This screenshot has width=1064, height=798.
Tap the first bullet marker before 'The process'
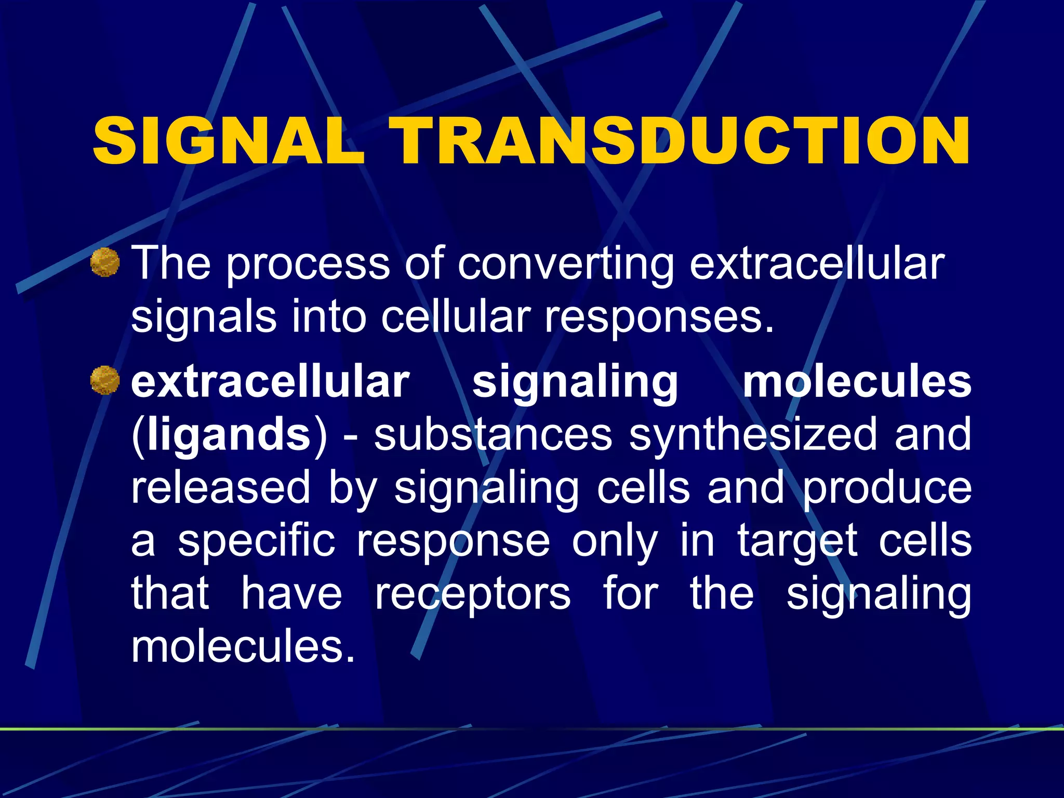tap(105, 262)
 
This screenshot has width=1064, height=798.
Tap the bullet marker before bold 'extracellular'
tap(105, 380)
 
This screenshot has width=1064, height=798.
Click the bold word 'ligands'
tap(229, 435)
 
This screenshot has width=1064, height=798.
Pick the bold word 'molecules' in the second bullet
tap(857, 382)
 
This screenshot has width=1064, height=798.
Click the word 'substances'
tap(493, 435)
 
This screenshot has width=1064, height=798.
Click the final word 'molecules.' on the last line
tap(243, 647)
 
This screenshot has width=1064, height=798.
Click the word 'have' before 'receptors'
tap(291, 594)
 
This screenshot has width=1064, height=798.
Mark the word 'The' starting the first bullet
tap(171, 263)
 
